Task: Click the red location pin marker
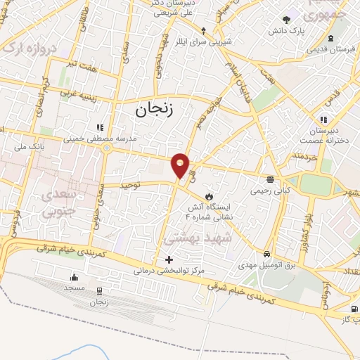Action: coord(181,165)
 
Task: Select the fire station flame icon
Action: coord(208,194)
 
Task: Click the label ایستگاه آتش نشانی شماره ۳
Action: coord(211,211)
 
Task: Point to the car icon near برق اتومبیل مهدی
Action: coord(266,254)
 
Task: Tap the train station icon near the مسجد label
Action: coord(100,290)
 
